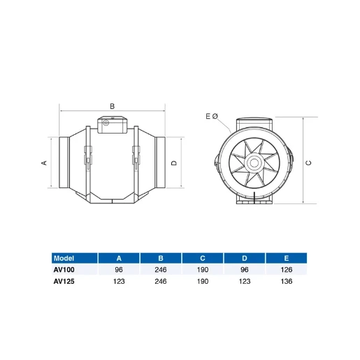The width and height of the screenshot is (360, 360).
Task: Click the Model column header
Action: point(64,257)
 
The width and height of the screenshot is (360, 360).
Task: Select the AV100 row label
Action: point(64,269)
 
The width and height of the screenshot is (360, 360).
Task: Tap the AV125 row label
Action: point(64,281)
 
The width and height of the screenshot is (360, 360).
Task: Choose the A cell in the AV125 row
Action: point(118,281)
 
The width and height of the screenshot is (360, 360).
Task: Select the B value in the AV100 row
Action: point(160,269)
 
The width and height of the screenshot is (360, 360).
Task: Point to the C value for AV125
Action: point(202,281)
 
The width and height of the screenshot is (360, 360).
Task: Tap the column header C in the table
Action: point(202,257)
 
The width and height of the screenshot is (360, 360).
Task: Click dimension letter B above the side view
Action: point(112,106)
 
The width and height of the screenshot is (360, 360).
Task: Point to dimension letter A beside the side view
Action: point(43,163)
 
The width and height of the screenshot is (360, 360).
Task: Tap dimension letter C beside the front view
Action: point(308,163)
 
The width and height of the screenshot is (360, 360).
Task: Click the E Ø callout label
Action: point(212,116)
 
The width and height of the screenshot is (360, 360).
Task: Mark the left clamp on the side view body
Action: point(89,157)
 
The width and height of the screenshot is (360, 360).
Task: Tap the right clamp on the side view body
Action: point(135,157)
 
